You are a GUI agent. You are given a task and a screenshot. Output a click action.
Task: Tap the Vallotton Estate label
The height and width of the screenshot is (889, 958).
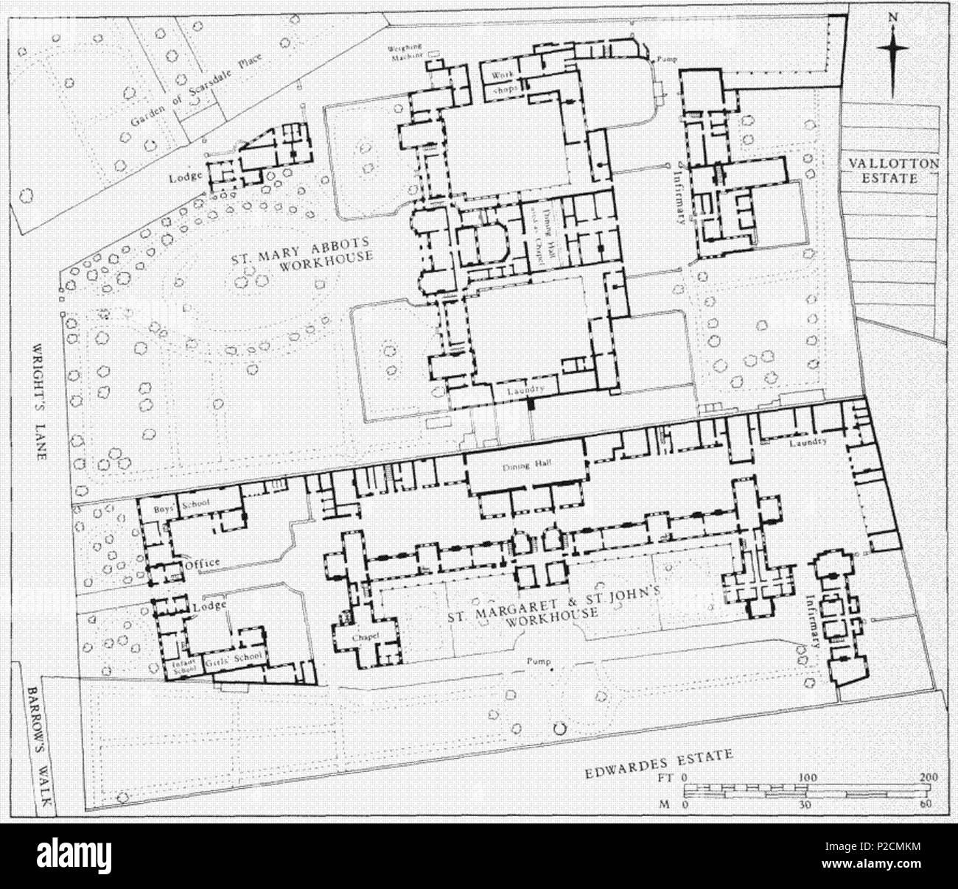click(x=893, y=171)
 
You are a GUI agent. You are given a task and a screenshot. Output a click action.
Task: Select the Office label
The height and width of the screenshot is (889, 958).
click(x=203, y=563)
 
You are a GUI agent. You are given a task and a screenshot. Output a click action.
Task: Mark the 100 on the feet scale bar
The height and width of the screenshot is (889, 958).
click(x=808, y=778)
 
